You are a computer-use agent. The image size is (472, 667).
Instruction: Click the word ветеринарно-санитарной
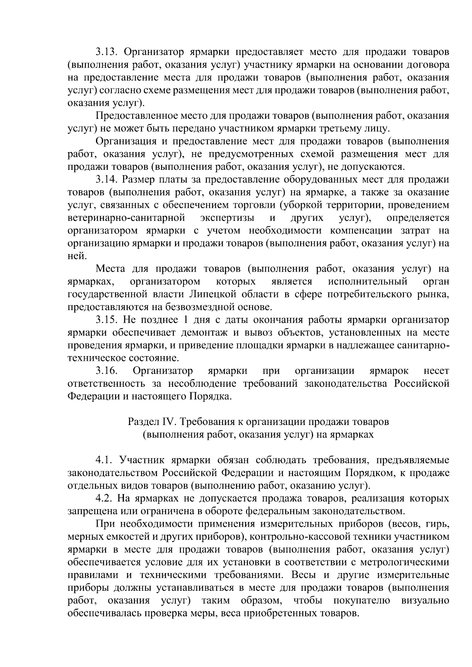click(x=126, y=218)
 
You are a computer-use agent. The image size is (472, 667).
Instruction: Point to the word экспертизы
click(x=227, y=218)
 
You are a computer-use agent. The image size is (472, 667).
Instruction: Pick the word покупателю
click(x=361, y=601)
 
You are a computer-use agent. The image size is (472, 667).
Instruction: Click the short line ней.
click(x=76, y=256)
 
